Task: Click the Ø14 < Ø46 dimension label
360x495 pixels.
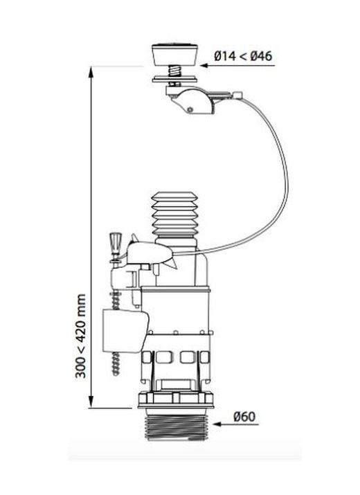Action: [243, 56]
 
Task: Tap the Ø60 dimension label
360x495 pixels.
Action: [244, 416]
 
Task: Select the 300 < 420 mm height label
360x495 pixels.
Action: [80, 336]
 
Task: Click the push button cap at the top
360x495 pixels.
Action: [175, 55]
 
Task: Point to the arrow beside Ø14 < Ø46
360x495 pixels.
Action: [237, 66]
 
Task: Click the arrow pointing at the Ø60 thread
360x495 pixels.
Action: [236, 424]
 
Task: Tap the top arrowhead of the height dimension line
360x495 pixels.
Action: [91, 72]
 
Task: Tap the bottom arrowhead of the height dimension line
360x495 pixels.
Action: [91, 402]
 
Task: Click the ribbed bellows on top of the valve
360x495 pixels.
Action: [174, 215]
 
